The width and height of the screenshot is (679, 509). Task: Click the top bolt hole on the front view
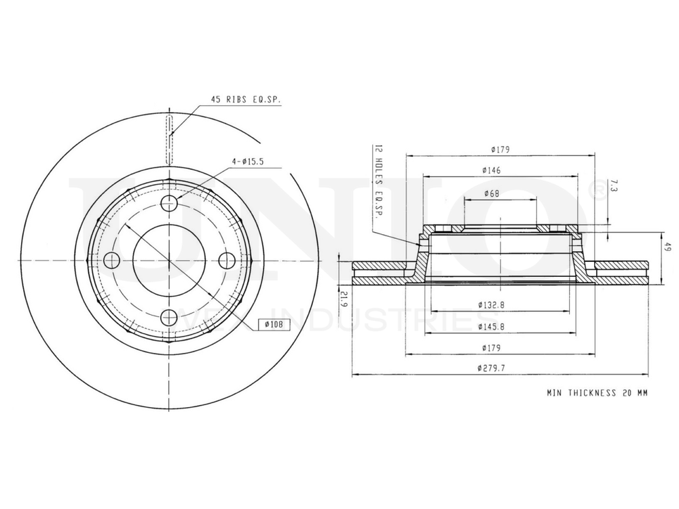point(170,203)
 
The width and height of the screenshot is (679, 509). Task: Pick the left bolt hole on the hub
point(112,260)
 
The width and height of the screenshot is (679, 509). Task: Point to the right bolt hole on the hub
point(227,260)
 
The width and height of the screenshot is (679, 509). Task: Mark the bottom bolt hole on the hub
point(170,317)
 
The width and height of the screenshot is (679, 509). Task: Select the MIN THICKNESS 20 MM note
point(597,393)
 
